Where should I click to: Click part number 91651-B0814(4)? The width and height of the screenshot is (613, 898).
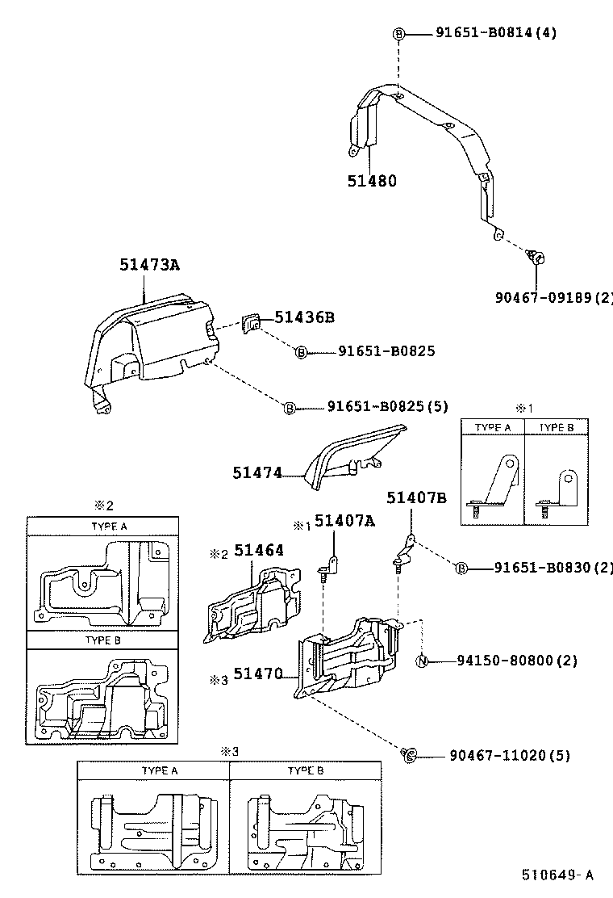point(496,33)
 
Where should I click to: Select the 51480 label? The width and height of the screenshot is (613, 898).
point(372,181)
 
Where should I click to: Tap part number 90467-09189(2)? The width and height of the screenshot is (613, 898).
point(554,297)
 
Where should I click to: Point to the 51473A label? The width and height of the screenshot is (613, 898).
point(149,264)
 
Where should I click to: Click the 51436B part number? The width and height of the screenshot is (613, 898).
point(304,317)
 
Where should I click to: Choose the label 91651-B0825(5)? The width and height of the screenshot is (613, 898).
point(387,407)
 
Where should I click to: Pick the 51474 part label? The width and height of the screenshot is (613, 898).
point(257,473)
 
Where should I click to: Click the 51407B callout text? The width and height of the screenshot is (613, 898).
point(415,497)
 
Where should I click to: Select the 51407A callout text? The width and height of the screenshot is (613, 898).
point(344,521)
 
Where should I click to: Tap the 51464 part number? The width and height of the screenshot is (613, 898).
point(259,551)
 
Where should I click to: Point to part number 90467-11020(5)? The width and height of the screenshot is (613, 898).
point(510,756)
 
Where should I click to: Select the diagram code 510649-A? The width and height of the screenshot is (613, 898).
point(557,875)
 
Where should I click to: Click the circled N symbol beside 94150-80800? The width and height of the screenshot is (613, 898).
point(421,661)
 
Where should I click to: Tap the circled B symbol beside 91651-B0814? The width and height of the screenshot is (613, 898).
point(398,33)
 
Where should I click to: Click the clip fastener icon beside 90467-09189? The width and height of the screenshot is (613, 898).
point(536,258)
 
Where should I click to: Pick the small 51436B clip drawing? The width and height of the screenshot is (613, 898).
point(252,323)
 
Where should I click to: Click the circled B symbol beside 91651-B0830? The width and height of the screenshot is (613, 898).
point(461,569)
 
